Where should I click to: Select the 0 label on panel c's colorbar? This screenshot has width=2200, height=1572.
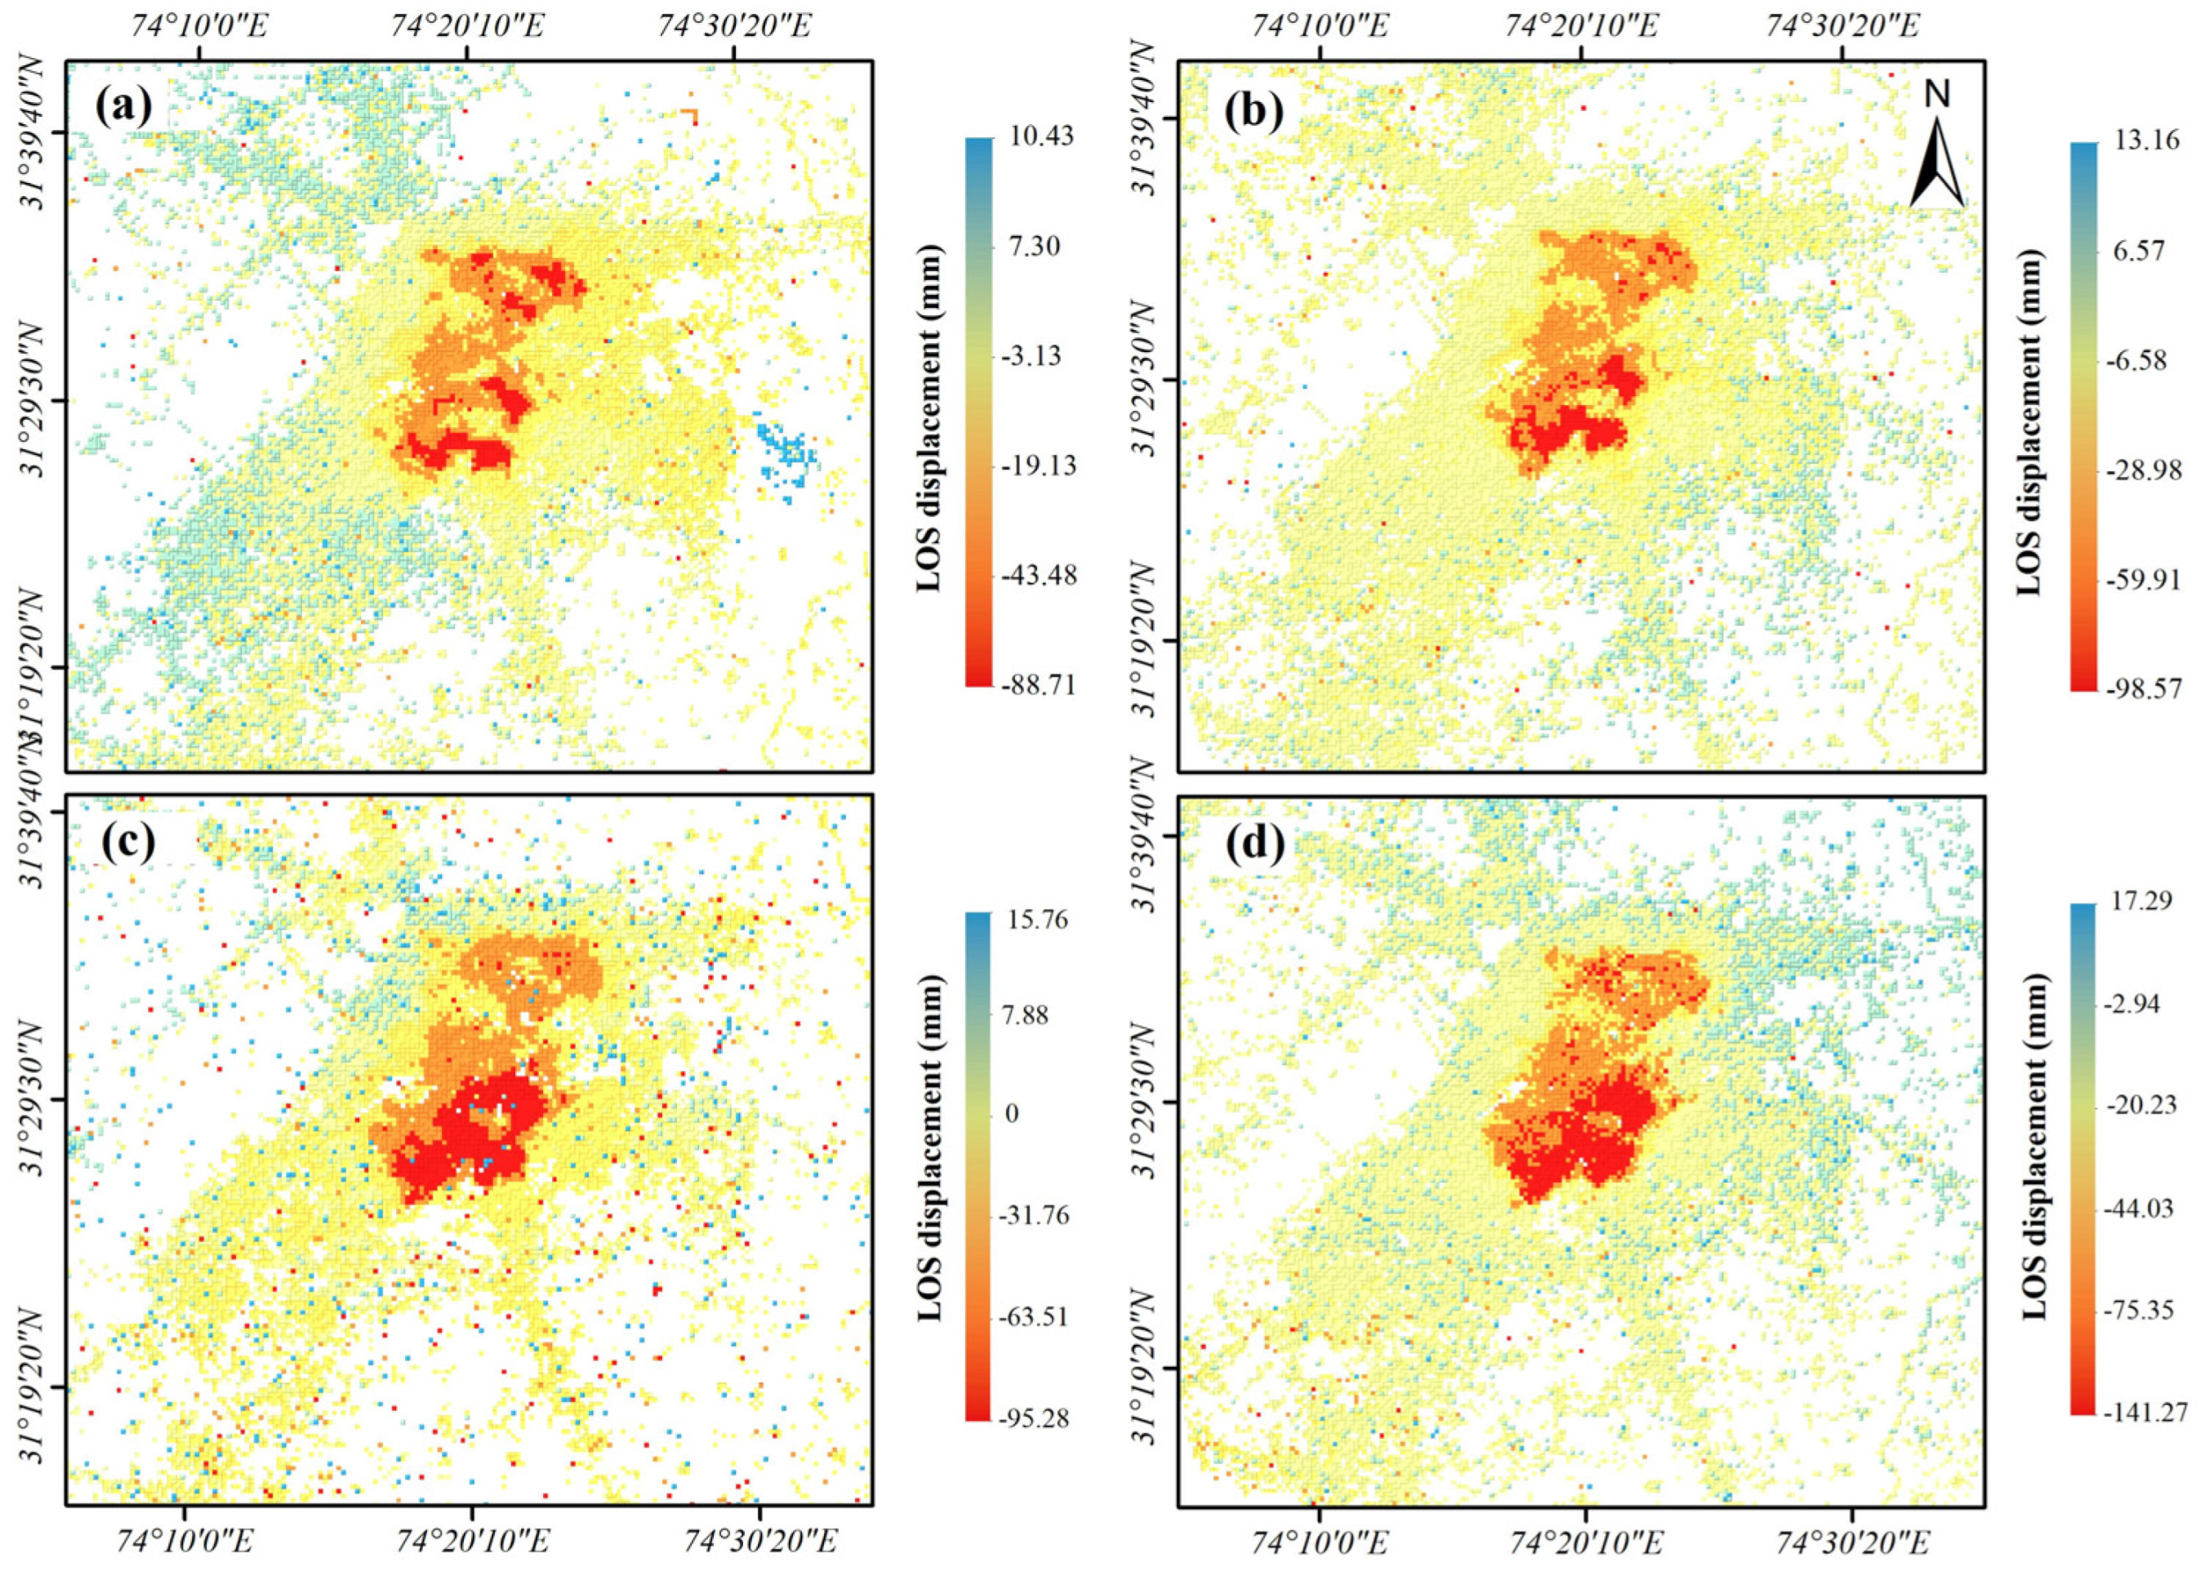[x=1012, y=1114]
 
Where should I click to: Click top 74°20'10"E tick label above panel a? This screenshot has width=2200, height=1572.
[x=469, y=26]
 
